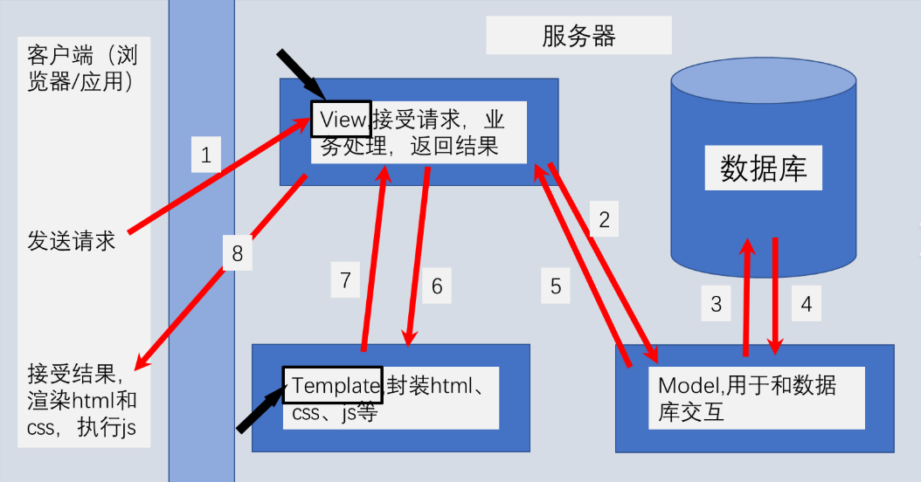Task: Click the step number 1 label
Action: click(x=206, y=156)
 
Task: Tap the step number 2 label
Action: click(x=604, y=220)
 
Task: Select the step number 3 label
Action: click(x=717, y=304)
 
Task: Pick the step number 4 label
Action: click(x=807, y=304)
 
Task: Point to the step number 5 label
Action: click(x=556, y=286)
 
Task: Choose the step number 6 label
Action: click(x=437, y=286)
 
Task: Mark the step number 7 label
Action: click(x=346, y=280)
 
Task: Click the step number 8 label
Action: click(x=238, y=254)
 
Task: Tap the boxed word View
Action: click(x=341, y=118)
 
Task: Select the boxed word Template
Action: click(x=332, y=385)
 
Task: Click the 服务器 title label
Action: click(x=578, y=36)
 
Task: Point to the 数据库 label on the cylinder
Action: click(x=763, y=169)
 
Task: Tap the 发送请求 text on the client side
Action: click(x=72, y=241)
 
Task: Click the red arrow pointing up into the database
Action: click(x=747, y=297)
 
